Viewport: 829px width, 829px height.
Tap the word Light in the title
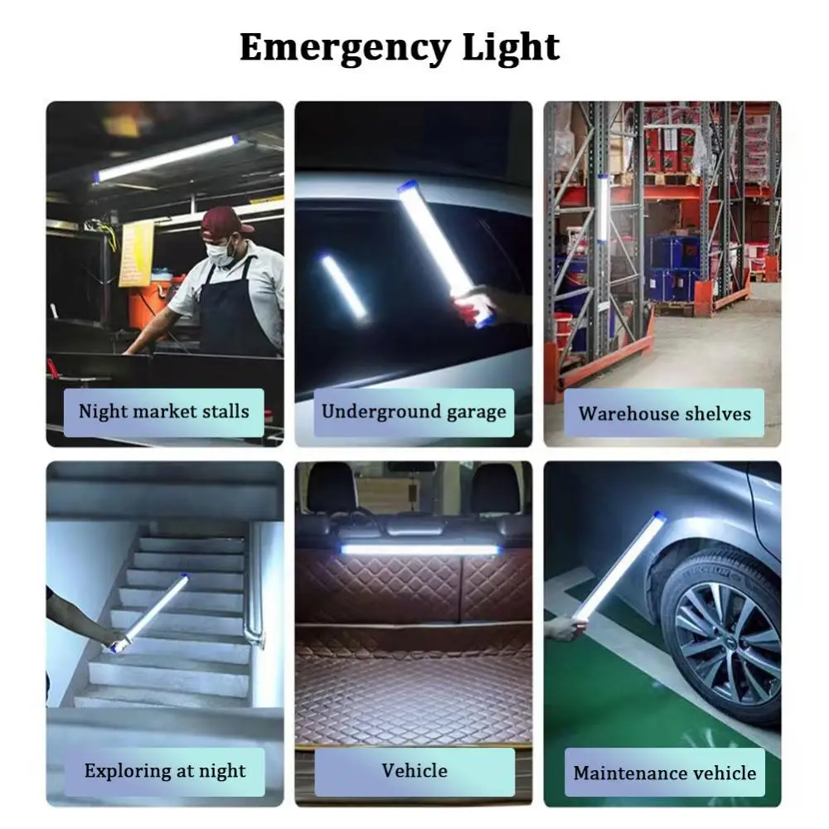pyautogui.click(x=511, y=47)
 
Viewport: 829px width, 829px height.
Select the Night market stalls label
pyautogui.click(x=164, y=412)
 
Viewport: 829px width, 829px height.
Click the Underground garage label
pyautogui.click(x=414, y=412)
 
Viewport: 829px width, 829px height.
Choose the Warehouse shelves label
pyautogui.click(x=664, y=413)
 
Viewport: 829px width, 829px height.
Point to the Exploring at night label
pyautogui.click(x=164, y=771)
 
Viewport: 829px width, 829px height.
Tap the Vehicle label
pyautogui.click(x=414, y=771)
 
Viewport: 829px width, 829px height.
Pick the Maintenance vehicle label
pyautogui.click(x=664, y=773)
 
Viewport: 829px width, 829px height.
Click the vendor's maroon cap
pyautogui.click(x=225, y=220)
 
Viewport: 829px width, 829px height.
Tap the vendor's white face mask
pyautogui.click(x=219, y=251)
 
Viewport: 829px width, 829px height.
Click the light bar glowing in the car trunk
pyautogui.click(x=419, y=549)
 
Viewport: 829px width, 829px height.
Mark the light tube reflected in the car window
pyautogui.click(x=343, y=286)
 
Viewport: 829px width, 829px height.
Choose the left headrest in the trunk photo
pyautogui.click(x=332, y=489)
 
